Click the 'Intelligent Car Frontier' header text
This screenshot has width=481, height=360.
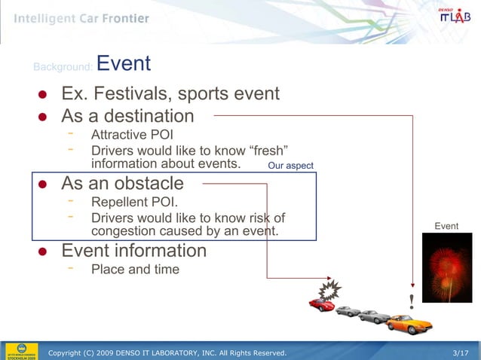81,18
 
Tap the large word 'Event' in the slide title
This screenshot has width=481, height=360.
124,64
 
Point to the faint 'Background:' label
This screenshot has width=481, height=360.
63,68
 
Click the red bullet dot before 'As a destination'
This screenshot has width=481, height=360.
44,117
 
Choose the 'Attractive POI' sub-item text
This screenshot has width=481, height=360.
132,136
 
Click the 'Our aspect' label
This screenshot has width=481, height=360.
290,166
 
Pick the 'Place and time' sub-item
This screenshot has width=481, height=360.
135,269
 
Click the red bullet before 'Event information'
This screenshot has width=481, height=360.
44,251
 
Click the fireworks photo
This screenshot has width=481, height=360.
446,267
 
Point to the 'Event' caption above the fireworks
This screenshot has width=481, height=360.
446,226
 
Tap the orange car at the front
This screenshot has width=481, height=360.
409,324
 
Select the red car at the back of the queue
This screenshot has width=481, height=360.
322,305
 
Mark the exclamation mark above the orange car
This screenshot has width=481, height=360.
411,302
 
